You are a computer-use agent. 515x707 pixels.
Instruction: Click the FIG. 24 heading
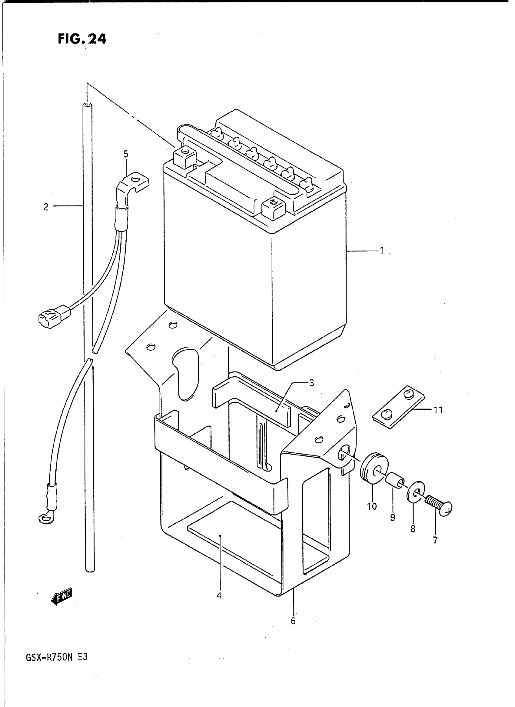82,39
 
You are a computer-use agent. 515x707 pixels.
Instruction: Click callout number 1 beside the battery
381,250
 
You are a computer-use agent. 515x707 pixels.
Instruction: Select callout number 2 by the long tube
46,207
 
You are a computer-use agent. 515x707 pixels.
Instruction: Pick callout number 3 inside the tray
311,383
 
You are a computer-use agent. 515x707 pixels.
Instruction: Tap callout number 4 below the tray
219,595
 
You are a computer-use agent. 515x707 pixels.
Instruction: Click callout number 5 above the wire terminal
126,154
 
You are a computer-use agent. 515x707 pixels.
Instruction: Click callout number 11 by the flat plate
438,410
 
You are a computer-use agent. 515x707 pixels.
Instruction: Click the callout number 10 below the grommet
372,506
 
